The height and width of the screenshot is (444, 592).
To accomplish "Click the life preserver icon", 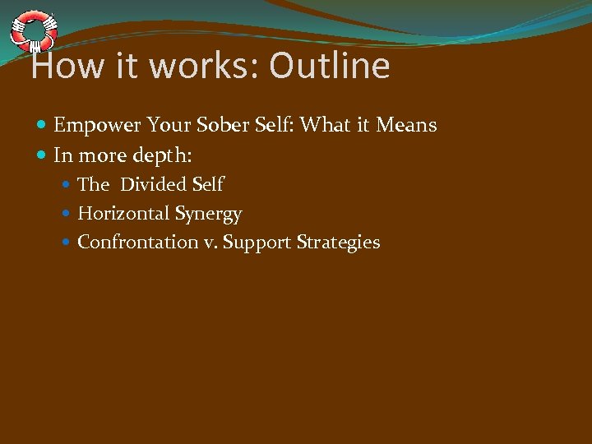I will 33,30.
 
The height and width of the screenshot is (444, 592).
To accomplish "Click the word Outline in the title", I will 329,66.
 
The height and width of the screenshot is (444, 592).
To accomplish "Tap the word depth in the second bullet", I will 160,155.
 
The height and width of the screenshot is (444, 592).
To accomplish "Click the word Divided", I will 154,184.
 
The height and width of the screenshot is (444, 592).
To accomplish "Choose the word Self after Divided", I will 207,184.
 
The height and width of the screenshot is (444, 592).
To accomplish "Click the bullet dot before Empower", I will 42,126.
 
